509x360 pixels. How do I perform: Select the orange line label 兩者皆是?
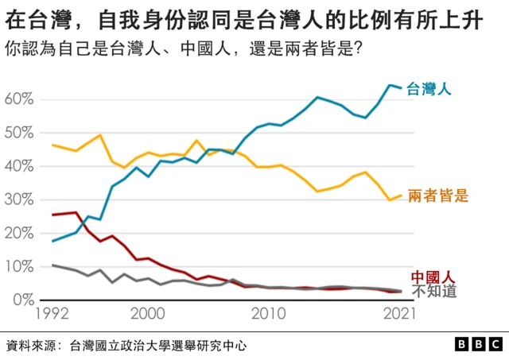[x=437, y=195]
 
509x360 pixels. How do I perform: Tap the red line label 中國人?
[x=433, y=277]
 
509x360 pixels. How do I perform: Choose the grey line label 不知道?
[x=433, y=291]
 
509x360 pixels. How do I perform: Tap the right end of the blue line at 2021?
[x=401, y=87]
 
